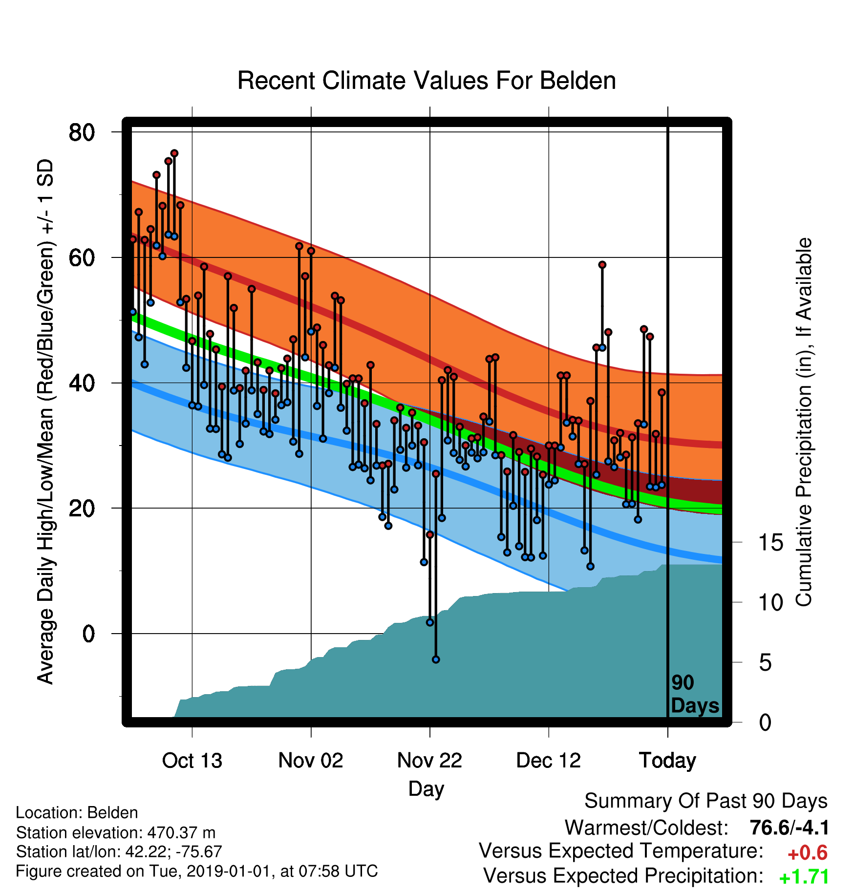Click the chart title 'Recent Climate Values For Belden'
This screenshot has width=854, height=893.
click(427, 81)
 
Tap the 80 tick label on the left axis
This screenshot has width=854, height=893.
click(82, 132)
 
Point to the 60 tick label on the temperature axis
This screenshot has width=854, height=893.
click(82, 257)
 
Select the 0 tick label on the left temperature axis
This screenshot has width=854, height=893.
click(88, 634)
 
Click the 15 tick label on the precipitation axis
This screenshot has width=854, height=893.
click(770, 542)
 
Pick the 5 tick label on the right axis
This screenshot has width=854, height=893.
click(765, 662)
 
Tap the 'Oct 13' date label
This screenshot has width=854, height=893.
click(192, 761)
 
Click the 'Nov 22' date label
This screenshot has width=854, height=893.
click(429, 761)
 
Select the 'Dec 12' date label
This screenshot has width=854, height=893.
click(549, 761)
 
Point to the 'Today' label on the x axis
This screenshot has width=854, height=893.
click(667, 761)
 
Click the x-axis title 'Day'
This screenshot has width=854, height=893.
click(426, 789)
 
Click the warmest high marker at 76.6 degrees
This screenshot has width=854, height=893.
click(174, 153)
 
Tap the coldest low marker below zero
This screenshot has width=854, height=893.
click(436, 659)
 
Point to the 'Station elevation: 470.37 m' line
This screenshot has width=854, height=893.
click(116, 832)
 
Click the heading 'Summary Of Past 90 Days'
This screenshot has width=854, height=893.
click(706, 801)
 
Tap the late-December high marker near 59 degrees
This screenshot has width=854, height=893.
click(602, 265)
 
